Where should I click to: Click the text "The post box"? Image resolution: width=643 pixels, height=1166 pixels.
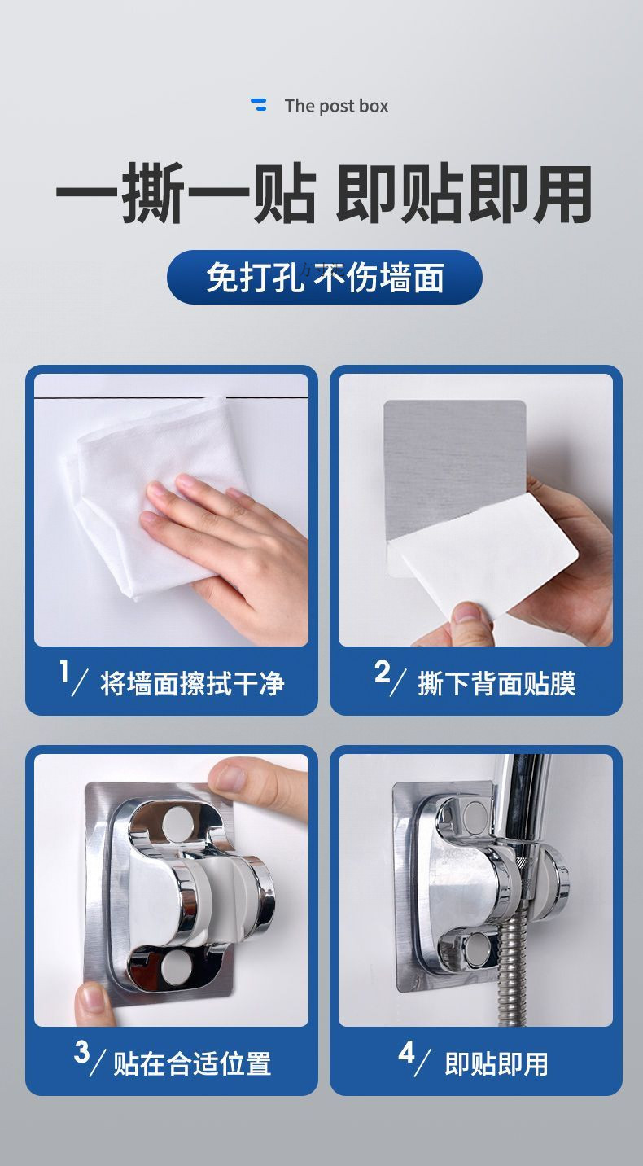coord(336,106)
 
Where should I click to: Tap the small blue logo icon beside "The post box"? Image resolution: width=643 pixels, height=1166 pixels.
coord(259,104)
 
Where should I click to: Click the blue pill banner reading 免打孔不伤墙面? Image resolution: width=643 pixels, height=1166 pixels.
coord(325,277)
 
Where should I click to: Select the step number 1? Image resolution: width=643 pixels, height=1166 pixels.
coord(64,671)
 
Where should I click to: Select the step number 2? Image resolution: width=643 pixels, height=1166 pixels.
coord(382,671)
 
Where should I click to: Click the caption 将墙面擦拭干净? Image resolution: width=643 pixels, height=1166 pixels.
coord(192,683)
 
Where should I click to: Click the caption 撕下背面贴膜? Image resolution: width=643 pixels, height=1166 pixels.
coord(496,683)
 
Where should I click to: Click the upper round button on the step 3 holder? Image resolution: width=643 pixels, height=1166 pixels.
coord(177,822)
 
